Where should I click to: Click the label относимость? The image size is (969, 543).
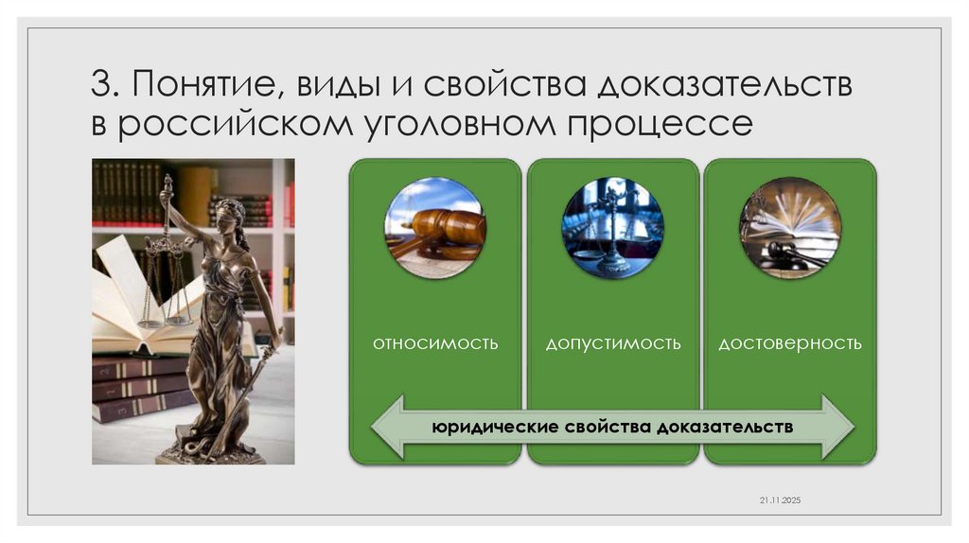[x=435, y=342]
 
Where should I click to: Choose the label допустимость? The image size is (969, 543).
[x=612, y=342]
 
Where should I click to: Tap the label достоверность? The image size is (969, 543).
[x=790, y=342]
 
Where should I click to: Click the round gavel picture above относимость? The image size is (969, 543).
[x=435, y=228]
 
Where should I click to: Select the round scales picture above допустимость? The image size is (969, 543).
[x=612, y=228]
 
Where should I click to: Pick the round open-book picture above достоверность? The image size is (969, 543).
[x=790, y=228]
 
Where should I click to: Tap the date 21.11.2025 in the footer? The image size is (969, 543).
[x=780, y=499]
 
